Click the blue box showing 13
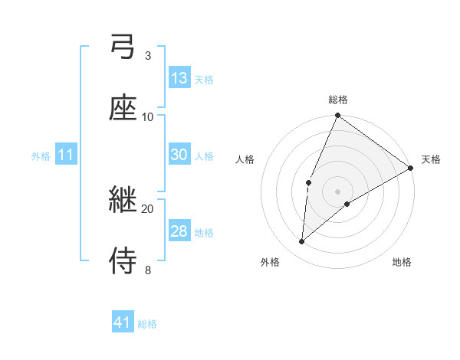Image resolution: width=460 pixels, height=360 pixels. [x=179, y=78]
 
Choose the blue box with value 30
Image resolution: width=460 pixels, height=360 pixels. [x=179, y=155]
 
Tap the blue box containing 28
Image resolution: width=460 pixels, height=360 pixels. [x=179, y=231]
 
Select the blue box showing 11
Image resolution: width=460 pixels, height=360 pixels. [x=66, y=155]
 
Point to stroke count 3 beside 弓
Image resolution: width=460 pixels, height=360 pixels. [x=147, y=56]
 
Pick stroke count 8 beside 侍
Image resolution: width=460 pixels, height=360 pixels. [x=147, y=270]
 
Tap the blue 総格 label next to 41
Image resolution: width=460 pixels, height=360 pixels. [x=147, y=324]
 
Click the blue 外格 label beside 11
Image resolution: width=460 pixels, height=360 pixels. [x=41, y=155]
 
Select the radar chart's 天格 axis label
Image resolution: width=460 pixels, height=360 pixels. [x=431, y=159]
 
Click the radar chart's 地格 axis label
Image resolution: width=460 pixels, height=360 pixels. [x=402, y=262]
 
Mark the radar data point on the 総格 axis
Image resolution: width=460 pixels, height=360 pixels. [x=337, y=116]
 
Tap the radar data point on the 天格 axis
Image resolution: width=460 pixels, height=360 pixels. [x=411, y=168]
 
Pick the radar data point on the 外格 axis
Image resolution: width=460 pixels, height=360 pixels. [x=302, y=242]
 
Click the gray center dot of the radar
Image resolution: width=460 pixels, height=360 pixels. [x=337, y=191]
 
